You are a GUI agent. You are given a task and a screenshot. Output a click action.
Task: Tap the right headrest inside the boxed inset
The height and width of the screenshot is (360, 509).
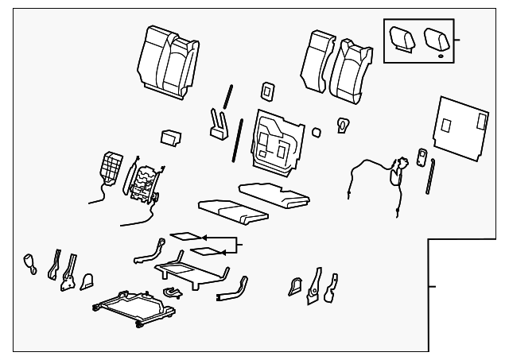pyautogui.click(x=435, y=37)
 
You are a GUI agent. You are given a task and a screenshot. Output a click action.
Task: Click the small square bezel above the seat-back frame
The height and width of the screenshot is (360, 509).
pyautogui.click(x=268, y=89)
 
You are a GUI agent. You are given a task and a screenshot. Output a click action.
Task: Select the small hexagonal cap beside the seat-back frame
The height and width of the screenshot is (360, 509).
pyautogui.click(x=316, y=132)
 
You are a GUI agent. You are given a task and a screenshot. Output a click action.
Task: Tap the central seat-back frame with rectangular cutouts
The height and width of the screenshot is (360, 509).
pyautogui.click(x=278, y=140)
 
